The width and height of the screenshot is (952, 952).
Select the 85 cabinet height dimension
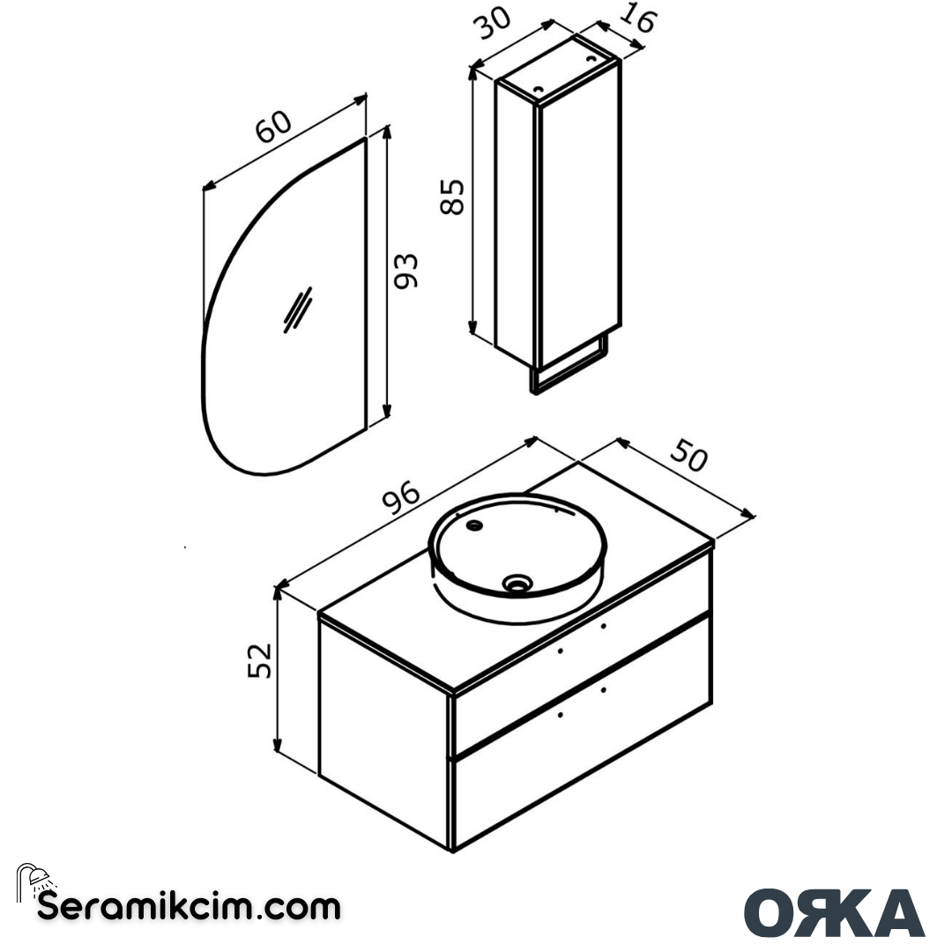pyautogui.click(x=452, y=196)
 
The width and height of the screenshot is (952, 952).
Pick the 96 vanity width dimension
pyautogui.click(x=401, y=501)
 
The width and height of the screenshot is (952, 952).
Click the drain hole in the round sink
pyautogui.click(x=517, y=582)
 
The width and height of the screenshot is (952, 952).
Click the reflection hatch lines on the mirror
pyautogui.click(x=297, y=310)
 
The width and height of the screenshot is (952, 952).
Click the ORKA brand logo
pyautogui.click(x=834, y=912)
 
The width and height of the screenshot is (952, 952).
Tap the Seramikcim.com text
pyautogui.click(x=188, y=906)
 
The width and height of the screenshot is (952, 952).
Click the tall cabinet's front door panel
pyautogui.click(x=580, y=212)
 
